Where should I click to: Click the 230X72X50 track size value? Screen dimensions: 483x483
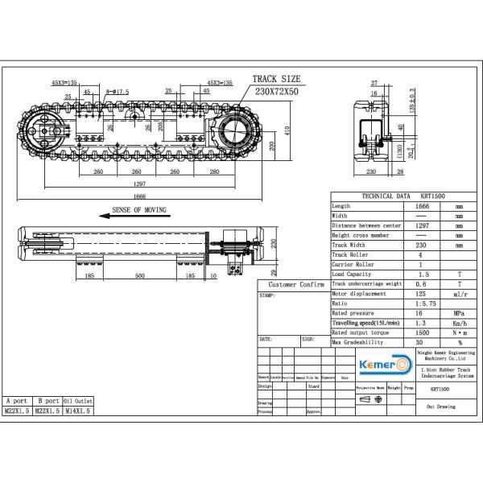(278, 92)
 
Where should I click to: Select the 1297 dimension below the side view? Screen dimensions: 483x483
(139, 183)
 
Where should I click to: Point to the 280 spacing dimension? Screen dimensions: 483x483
(214, 171)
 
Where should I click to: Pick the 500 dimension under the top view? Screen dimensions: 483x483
(139, 275)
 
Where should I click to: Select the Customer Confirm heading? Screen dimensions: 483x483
(295, 285)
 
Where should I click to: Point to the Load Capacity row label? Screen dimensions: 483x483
(353, 274)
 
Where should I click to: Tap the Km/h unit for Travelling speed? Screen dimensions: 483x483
(459, 323)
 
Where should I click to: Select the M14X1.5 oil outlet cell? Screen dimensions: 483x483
(78, 411)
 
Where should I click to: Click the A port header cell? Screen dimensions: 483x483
(17, 400)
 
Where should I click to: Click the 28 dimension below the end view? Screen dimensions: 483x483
(400, 171)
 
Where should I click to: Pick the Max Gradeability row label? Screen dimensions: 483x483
(358, 341)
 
